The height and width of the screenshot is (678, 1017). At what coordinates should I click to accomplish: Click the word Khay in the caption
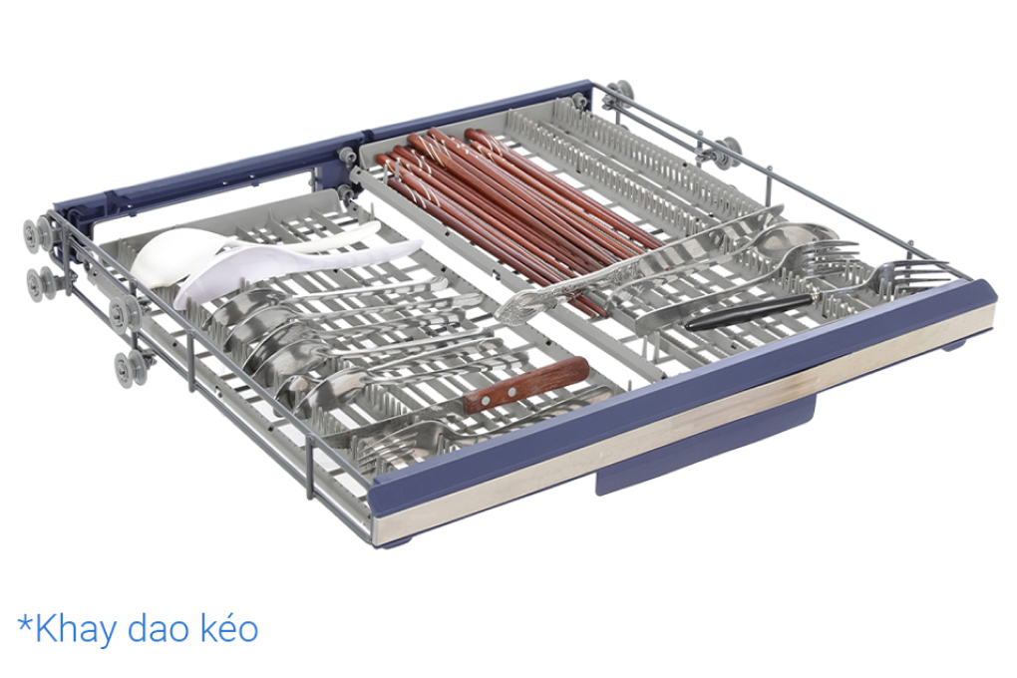point(76,630)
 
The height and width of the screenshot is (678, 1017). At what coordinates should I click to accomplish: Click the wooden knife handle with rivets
point(526,384)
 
